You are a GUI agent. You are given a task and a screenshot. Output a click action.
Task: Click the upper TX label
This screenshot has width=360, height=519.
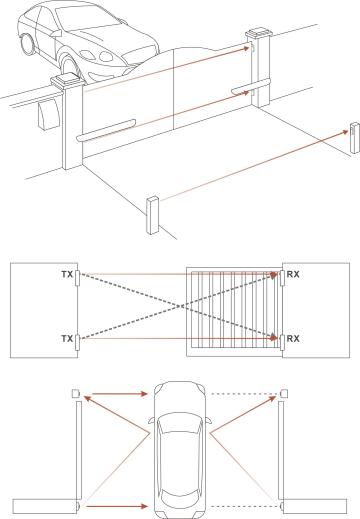67,274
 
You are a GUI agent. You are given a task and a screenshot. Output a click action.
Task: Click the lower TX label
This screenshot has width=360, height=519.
67,339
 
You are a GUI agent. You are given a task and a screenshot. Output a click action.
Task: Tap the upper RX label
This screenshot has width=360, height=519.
293,274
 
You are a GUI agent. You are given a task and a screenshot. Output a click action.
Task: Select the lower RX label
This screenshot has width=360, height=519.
293,339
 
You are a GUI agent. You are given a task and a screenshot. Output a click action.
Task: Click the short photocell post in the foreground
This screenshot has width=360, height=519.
152,216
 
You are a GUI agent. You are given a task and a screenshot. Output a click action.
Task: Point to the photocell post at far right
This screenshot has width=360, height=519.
354,138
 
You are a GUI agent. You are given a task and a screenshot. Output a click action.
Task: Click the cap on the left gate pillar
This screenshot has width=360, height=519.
67,81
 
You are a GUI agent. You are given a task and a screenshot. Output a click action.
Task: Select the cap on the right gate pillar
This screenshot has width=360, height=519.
259,33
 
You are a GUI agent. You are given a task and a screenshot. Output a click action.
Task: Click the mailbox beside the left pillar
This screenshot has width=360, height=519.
49,113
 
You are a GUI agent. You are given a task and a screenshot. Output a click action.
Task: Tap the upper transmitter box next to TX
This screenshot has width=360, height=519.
77,278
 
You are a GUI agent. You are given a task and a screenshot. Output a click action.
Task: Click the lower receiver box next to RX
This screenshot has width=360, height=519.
282,343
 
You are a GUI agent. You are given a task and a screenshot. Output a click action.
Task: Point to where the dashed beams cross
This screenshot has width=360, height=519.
181,306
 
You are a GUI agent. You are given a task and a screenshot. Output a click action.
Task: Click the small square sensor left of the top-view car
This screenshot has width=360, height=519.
76,393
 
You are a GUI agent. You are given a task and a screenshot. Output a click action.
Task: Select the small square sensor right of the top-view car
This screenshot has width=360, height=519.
284,393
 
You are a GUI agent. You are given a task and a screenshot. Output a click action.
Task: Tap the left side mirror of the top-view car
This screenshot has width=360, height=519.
152,421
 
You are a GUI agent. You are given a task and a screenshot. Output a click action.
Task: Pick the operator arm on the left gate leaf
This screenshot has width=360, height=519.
106,130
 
